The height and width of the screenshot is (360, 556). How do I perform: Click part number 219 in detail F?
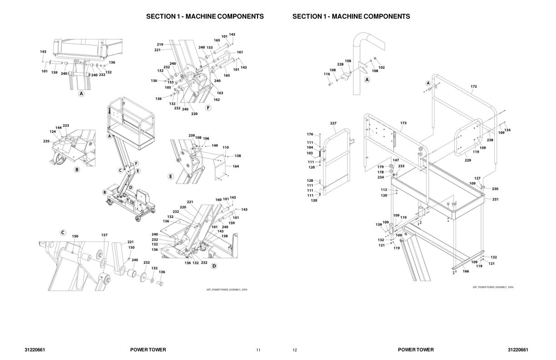160,45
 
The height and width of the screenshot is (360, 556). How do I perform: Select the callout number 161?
240,52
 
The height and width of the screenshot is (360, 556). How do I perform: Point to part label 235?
46,141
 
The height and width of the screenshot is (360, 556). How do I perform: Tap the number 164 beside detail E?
236,166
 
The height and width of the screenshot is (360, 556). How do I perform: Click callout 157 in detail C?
104,235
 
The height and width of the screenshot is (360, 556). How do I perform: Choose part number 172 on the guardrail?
474,86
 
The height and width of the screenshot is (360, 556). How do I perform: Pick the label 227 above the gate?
333,124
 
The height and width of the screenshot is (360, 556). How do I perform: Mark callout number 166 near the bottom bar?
466,271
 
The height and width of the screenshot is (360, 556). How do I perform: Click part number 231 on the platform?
495,199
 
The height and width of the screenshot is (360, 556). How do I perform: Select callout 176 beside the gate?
310,134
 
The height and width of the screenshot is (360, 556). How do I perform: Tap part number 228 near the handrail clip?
340,65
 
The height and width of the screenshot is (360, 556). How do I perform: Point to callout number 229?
468,160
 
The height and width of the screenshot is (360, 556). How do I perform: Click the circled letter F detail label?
208,108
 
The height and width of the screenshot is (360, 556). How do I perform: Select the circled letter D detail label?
214,266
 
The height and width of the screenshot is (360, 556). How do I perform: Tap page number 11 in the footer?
258,350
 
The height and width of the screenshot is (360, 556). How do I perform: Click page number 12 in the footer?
295,350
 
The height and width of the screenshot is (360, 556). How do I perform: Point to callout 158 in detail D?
224,236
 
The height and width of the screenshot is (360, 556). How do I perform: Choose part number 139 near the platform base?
379,225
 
